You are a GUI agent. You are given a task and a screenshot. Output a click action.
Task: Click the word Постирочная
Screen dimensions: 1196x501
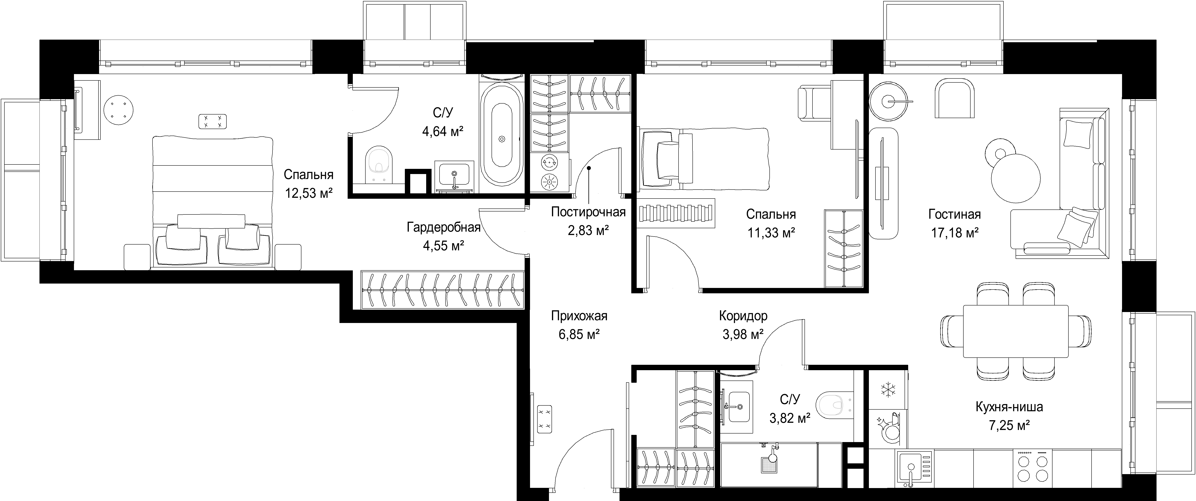(588, 212)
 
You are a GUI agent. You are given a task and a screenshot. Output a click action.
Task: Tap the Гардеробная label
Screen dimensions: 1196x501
(443, 227)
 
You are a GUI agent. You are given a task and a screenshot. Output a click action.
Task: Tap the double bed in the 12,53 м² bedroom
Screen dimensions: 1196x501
(212, 202)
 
